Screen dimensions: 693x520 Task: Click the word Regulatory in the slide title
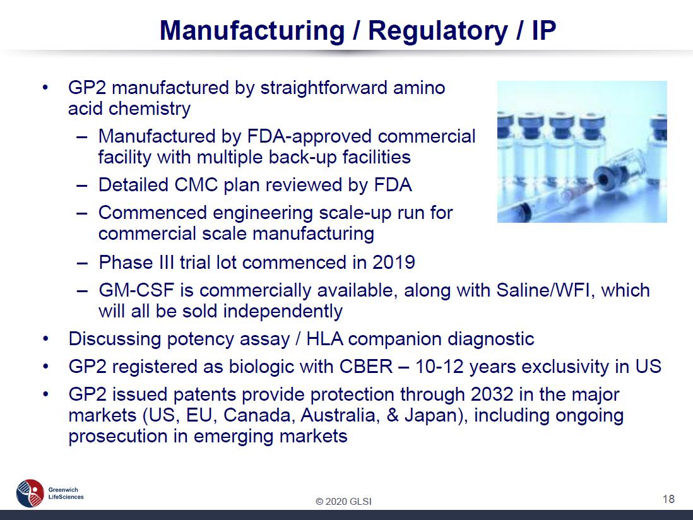click(x=438, y=31)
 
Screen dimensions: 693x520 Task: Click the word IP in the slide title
click(x=543, y=30)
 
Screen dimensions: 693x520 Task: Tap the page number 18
click(x=668, y=499)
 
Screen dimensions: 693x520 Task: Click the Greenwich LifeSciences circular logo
click(x=30, y=493)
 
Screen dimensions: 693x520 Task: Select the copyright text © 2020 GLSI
click(x=343, y=502)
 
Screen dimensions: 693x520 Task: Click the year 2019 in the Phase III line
click(x=394, y=263)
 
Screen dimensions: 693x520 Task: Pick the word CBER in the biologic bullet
click(x=366, y=367)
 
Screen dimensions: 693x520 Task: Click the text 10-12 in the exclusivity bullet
click(x=440, y=367)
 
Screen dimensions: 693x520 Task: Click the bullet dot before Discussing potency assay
click(x=45, y=340)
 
